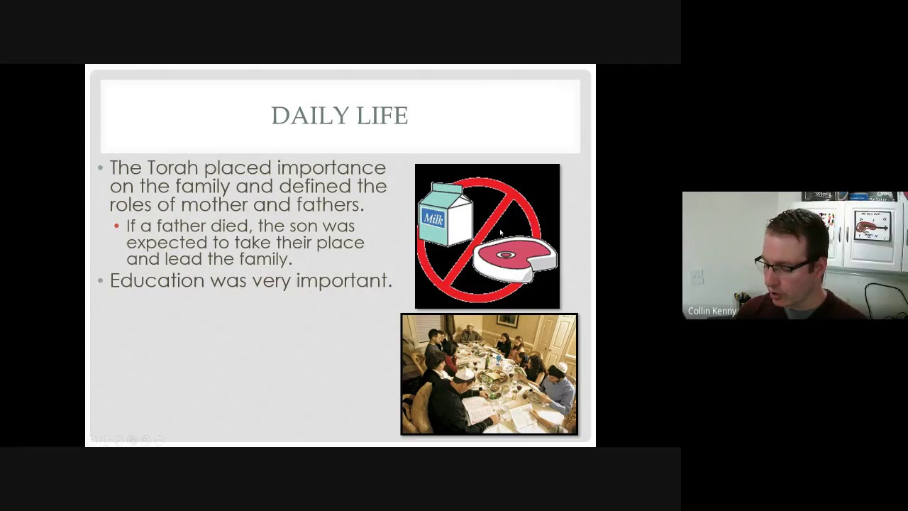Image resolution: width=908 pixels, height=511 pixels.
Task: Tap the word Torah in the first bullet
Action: point(172,168)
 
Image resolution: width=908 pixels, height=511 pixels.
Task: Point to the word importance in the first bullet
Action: point(331,169)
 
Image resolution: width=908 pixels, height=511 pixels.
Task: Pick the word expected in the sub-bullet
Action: point(160,243)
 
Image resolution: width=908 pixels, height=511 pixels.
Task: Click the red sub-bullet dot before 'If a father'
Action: point(117,226)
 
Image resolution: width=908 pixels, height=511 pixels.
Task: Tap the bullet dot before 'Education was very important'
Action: point(101,281)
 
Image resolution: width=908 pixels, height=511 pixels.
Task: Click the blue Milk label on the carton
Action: point(433,219)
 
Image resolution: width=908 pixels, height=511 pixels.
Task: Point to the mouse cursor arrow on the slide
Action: point(502,233)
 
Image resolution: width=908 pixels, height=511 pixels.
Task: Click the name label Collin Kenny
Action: point(712,311)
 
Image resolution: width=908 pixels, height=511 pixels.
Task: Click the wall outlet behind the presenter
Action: point(697,277)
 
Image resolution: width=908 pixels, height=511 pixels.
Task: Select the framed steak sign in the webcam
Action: point(873,226)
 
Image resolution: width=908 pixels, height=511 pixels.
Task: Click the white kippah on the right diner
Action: point(560,368)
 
